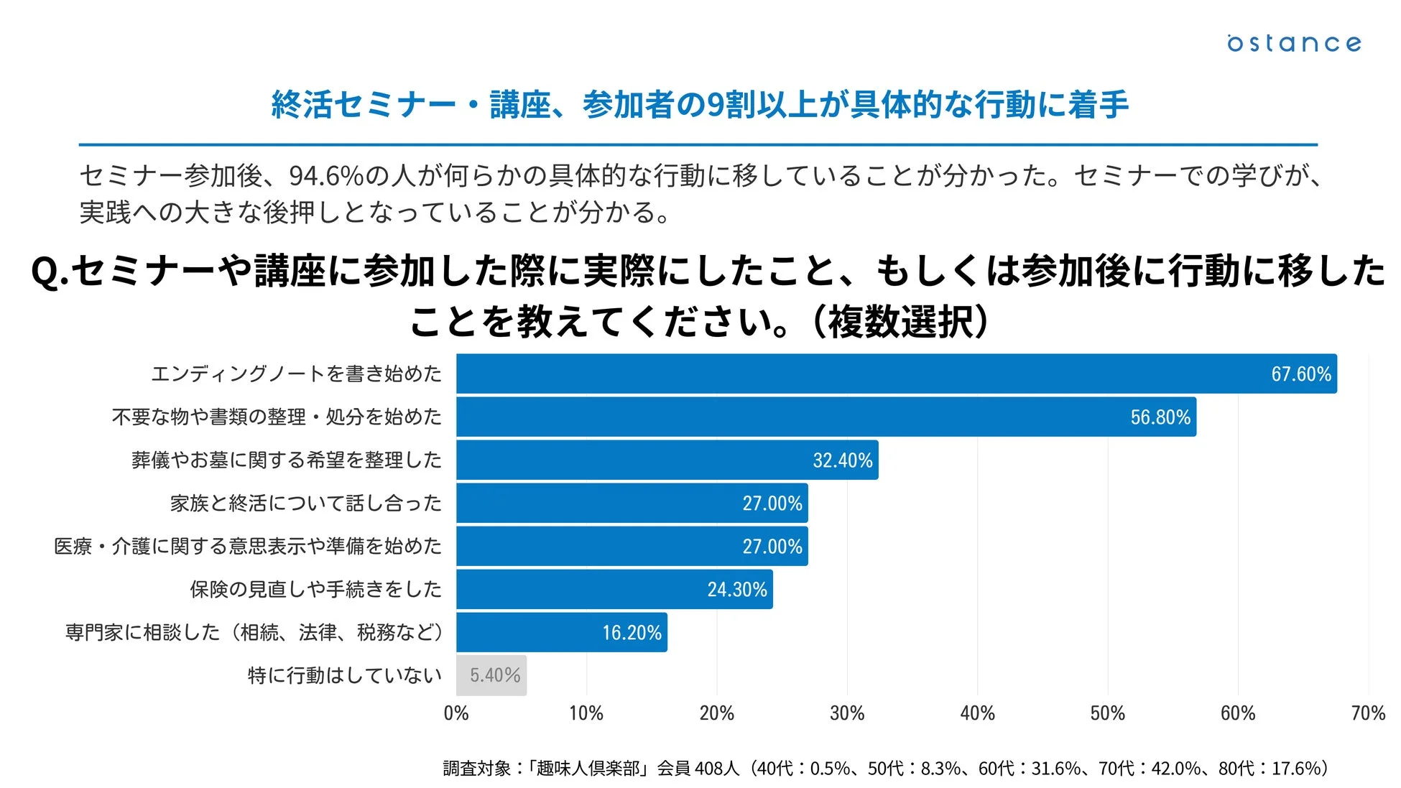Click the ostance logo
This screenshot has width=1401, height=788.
tap(1293, 43)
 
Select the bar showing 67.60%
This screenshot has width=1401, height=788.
tap(862, 374)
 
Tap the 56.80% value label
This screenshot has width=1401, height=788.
tap(1160, 417)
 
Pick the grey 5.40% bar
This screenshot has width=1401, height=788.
tap(491, 675)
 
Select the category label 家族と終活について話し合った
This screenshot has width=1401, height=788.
tap(305, 503)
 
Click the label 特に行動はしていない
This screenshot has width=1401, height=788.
tap(344, 675)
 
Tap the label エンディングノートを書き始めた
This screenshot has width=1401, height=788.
tap(296, 374)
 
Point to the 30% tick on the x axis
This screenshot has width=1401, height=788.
tap(846, 713)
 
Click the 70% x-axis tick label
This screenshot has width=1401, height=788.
tap(1367, 713)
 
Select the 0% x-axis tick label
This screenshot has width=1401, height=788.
tap(456, 713)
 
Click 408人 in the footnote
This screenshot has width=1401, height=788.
tap(716, 769)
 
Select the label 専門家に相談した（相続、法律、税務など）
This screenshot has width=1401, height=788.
tap(254, 632)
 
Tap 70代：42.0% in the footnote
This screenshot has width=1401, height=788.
tap(1149, 769)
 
